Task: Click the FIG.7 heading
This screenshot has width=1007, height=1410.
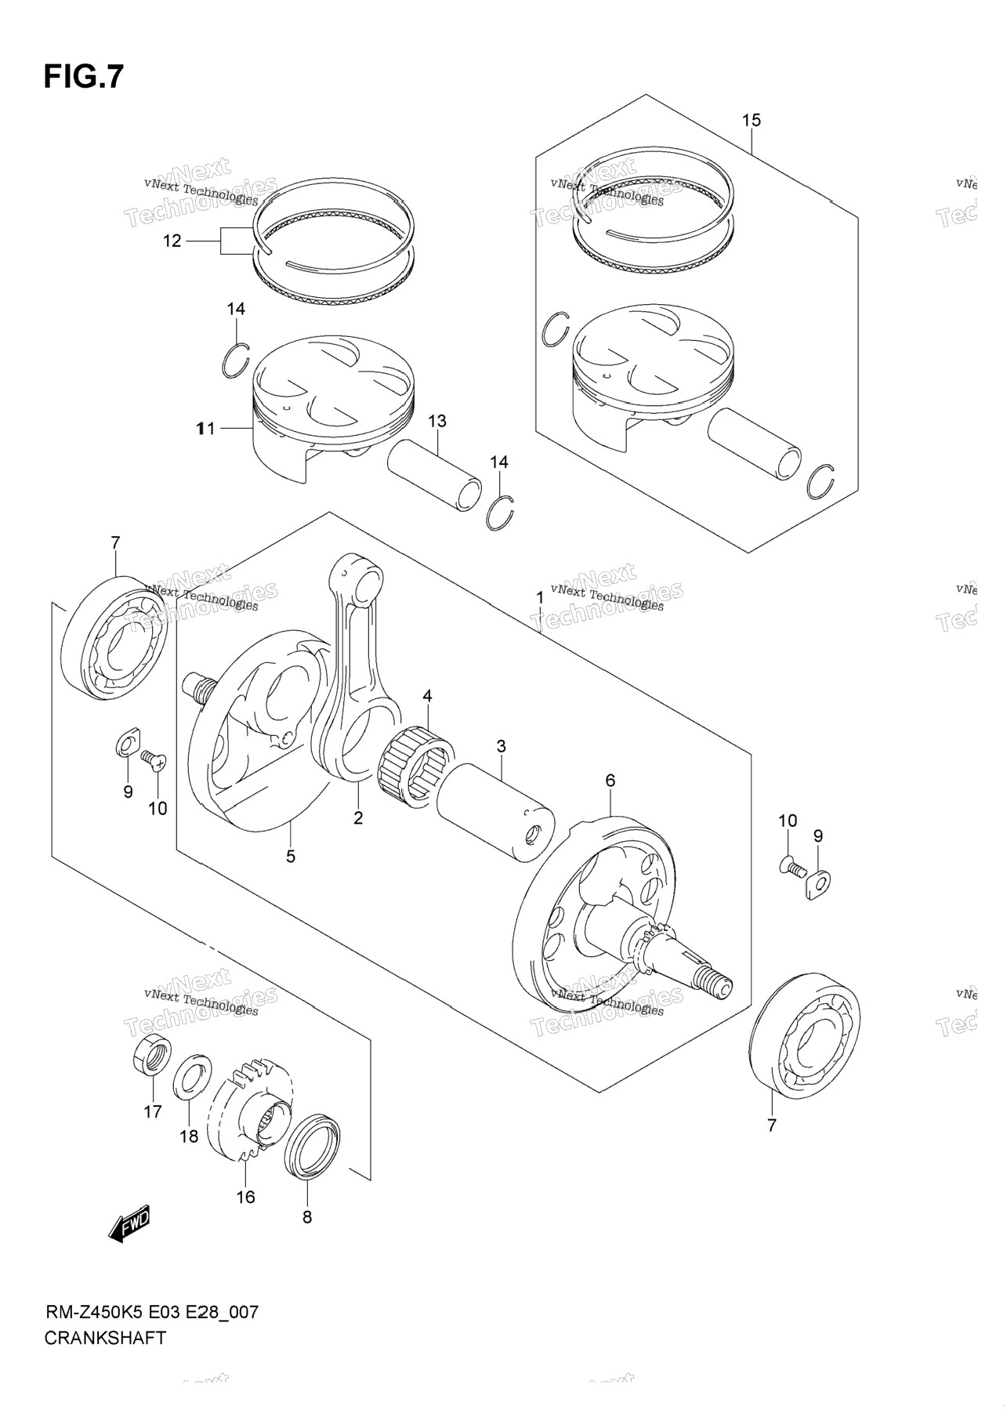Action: click(84, 77)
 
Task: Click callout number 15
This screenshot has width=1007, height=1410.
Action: click(751, 120)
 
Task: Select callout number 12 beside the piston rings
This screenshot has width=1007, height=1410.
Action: click(172, 241)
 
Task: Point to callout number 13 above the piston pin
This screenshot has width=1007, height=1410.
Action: click(436, 421)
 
